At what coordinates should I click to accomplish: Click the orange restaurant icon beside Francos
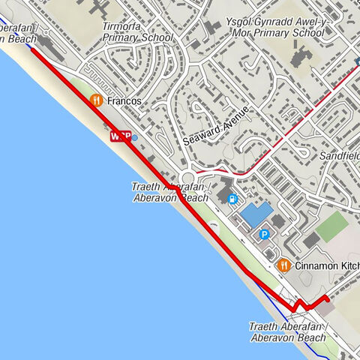(x=95, y=100)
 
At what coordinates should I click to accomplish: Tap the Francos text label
(x=124, y=100)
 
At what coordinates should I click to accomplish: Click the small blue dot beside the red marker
(x=134, y=137)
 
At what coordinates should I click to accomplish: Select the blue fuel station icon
(x=232, y=199)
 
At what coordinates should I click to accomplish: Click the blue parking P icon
(x=264, y=235)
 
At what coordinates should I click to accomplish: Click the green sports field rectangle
(x=332, y=226)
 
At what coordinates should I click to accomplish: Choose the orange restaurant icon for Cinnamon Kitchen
(x=283, y=265)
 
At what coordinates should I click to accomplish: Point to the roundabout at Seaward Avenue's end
(x=187, y=178)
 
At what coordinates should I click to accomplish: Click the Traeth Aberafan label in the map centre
(x=169, y=192)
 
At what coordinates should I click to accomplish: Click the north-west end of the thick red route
(x=32, y=50)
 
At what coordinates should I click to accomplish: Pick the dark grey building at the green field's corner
(x=311, y=240)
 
